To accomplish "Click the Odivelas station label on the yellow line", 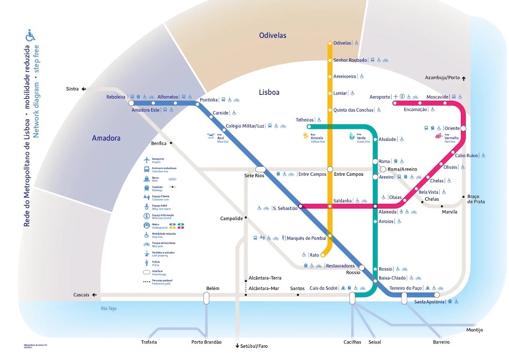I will [342, 43].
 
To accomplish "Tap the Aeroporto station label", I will [380, 97].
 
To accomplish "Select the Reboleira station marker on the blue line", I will [131, 103].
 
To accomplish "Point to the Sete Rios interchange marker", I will [260, 169].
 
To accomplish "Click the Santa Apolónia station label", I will [429, 302].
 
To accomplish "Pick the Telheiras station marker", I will [309, 127].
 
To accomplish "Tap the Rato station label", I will [314, 255].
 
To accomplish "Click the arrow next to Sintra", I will [84, 89].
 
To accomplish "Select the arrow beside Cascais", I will [95, 295].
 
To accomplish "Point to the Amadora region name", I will [106, 138].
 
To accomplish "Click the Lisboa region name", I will [269, 92].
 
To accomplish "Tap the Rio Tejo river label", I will [108, 309].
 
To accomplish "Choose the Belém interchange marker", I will [206, 298].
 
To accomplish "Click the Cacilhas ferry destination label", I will [352, 342].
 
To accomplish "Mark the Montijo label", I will [475, 330].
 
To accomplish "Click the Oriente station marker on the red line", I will [463, 128].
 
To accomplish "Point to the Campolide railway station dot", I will [246, 218].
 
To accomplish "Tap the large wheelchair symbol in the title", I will [31, 35].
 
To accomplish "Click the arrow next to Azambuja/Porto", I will [464, 78].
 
